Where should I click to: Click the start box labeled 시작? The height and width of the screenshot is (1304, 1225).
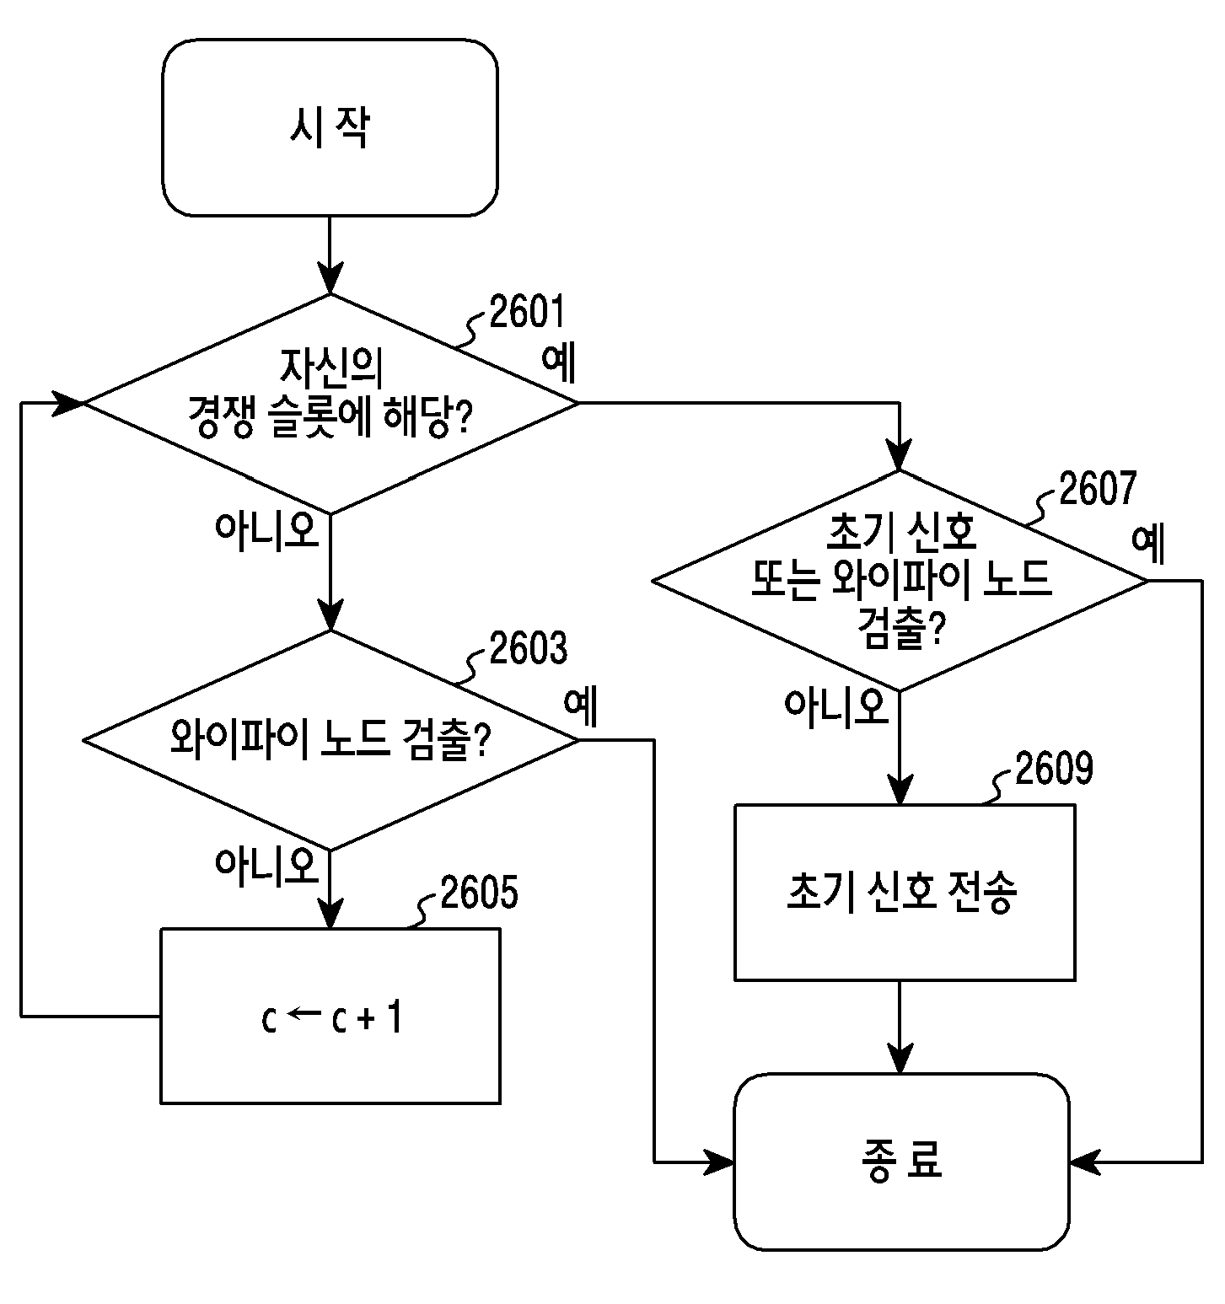click(x=330, y=127)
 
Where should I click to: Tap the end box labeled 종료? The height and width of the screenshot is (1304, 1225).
click(x=901, y=1161)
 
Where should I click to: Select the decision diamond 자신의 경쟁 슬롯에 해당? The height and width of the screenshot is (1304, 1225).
click(x=330, y=403)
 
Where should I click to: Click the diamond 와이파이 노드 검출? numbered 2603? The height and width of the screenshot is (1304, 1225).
click(x=330, y=739)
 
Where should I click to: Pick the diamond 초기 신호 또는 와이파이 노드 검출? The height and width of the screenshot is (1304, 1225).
click(x=900, y=580)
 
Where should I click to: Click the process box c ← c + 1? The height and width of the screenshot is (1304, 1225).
click(x=330, y=1016)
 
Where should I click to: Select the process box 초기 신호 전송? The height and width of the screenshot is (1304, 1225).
click(x=905, y=892)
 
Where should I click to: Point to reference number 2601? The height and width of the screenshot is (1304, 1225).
click(x=527, y=314)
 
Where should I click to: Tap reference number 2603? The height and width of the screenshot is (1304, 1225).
click(x=529, y=649)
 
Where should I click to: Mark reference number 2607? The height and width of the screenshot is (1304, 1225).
click(x=1098, y=489)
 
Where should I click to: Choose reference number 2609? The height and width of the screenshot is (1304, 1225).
click(x=1054, y=769)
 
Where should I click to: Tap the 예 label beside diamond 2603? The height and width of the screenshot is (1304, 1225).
click(x=581, y=706)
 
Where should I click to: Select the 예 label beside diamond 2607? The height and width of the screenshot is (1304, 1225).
click(x=1148, y=545)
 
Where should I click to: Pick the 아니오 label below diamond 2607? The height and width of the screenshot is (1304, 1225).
click(x=836, y=706)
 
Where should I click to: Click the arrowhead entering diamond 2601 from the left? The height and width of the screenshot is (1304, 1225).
click(x=70, y=403)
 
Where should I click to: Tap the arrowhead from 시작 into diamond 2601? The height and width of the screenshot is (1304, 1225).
click(x=330, y=277)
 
